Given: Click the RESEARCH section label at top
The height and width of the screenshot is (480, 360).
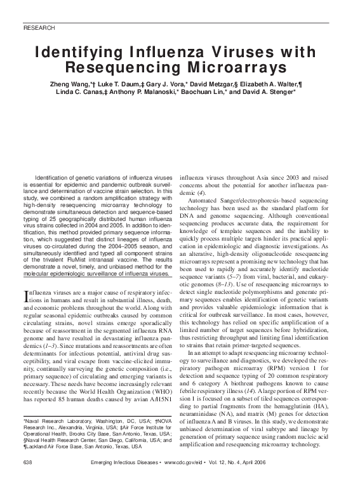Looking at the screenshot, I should coord(38,29).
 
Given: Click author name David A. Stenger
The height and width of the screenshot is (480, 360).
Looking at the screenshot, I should coord(267,92).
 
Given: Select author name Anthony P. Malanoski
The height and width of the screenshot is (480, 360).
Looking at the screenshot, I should coord(166,92).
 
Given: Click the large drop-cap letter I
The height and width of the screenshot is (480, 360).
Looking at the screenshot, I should coord(25,295).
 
